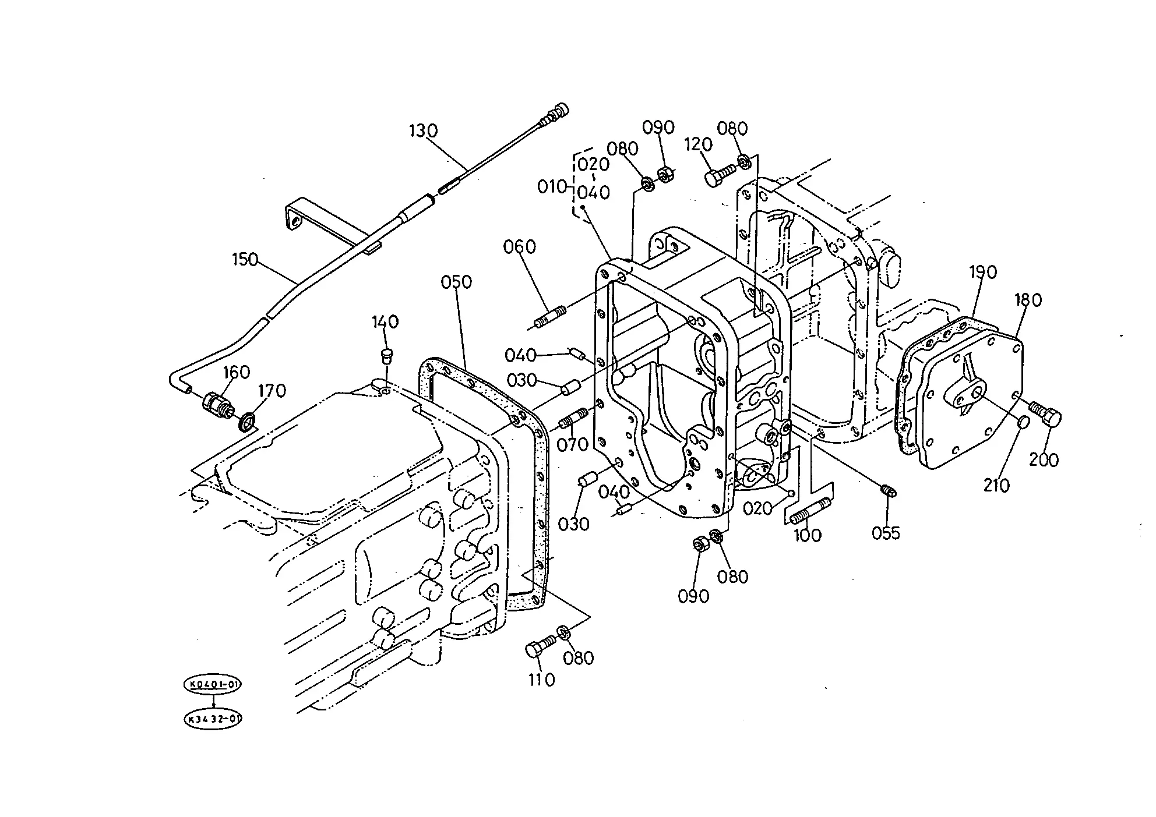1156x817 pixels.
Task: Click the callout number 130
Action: (423, 131)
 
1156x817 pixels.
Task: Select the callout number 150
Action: (245, 259)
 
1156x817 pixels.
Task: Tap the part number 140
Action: (385, 322)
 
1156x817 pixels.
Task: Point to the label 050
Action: (456, 282)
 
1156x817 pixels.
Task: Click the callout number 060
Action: (520, 247)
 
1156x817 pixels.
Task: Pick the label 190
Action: (983, 272)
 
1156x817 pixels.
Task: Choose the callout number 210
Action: (996, 484)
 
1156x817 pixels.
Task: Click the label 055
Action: (886, 533)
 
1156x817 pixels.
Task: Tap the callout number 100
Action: (808, 535)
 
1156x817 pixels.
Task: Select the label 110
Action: (541, 680)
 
